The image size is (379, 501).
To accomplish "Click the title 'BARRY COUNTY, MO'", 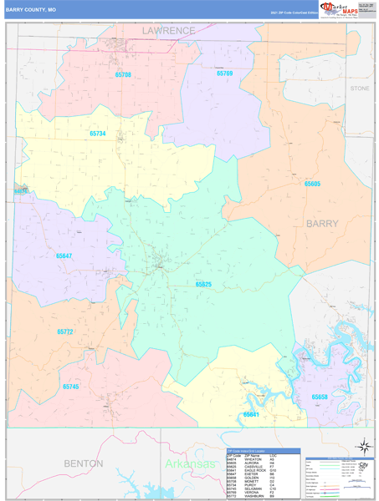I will tap(32, 9).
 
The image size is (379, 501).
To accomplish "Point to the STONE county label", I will tap(360, 88).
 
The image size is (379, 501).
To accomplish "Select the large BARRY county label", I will tap(322, 224).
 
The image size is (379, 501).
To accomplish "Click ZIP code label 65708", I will tap(123, 75).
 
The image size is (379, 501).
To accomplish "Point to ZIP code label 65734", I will tap(99, 134).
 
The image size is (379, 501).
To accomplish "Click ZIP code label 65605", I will tap(312, 183).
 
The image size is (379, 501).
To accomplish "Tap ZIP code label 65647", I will tap(65, 256).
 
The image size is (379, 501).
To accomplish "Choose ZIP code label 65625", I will tap(203, 285).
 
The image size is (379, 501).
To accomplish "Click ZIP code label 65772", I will tap(67, 331).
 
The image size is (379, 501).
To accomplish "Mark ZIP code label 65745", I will tap(71, 387).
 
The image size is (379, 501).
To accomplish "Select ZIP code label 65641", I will tap(251, 414).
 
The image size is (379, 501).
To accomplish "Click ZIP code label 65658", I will tap(320, 397).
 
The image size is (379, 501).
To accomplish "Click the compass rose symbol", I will tap(363, 445).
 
